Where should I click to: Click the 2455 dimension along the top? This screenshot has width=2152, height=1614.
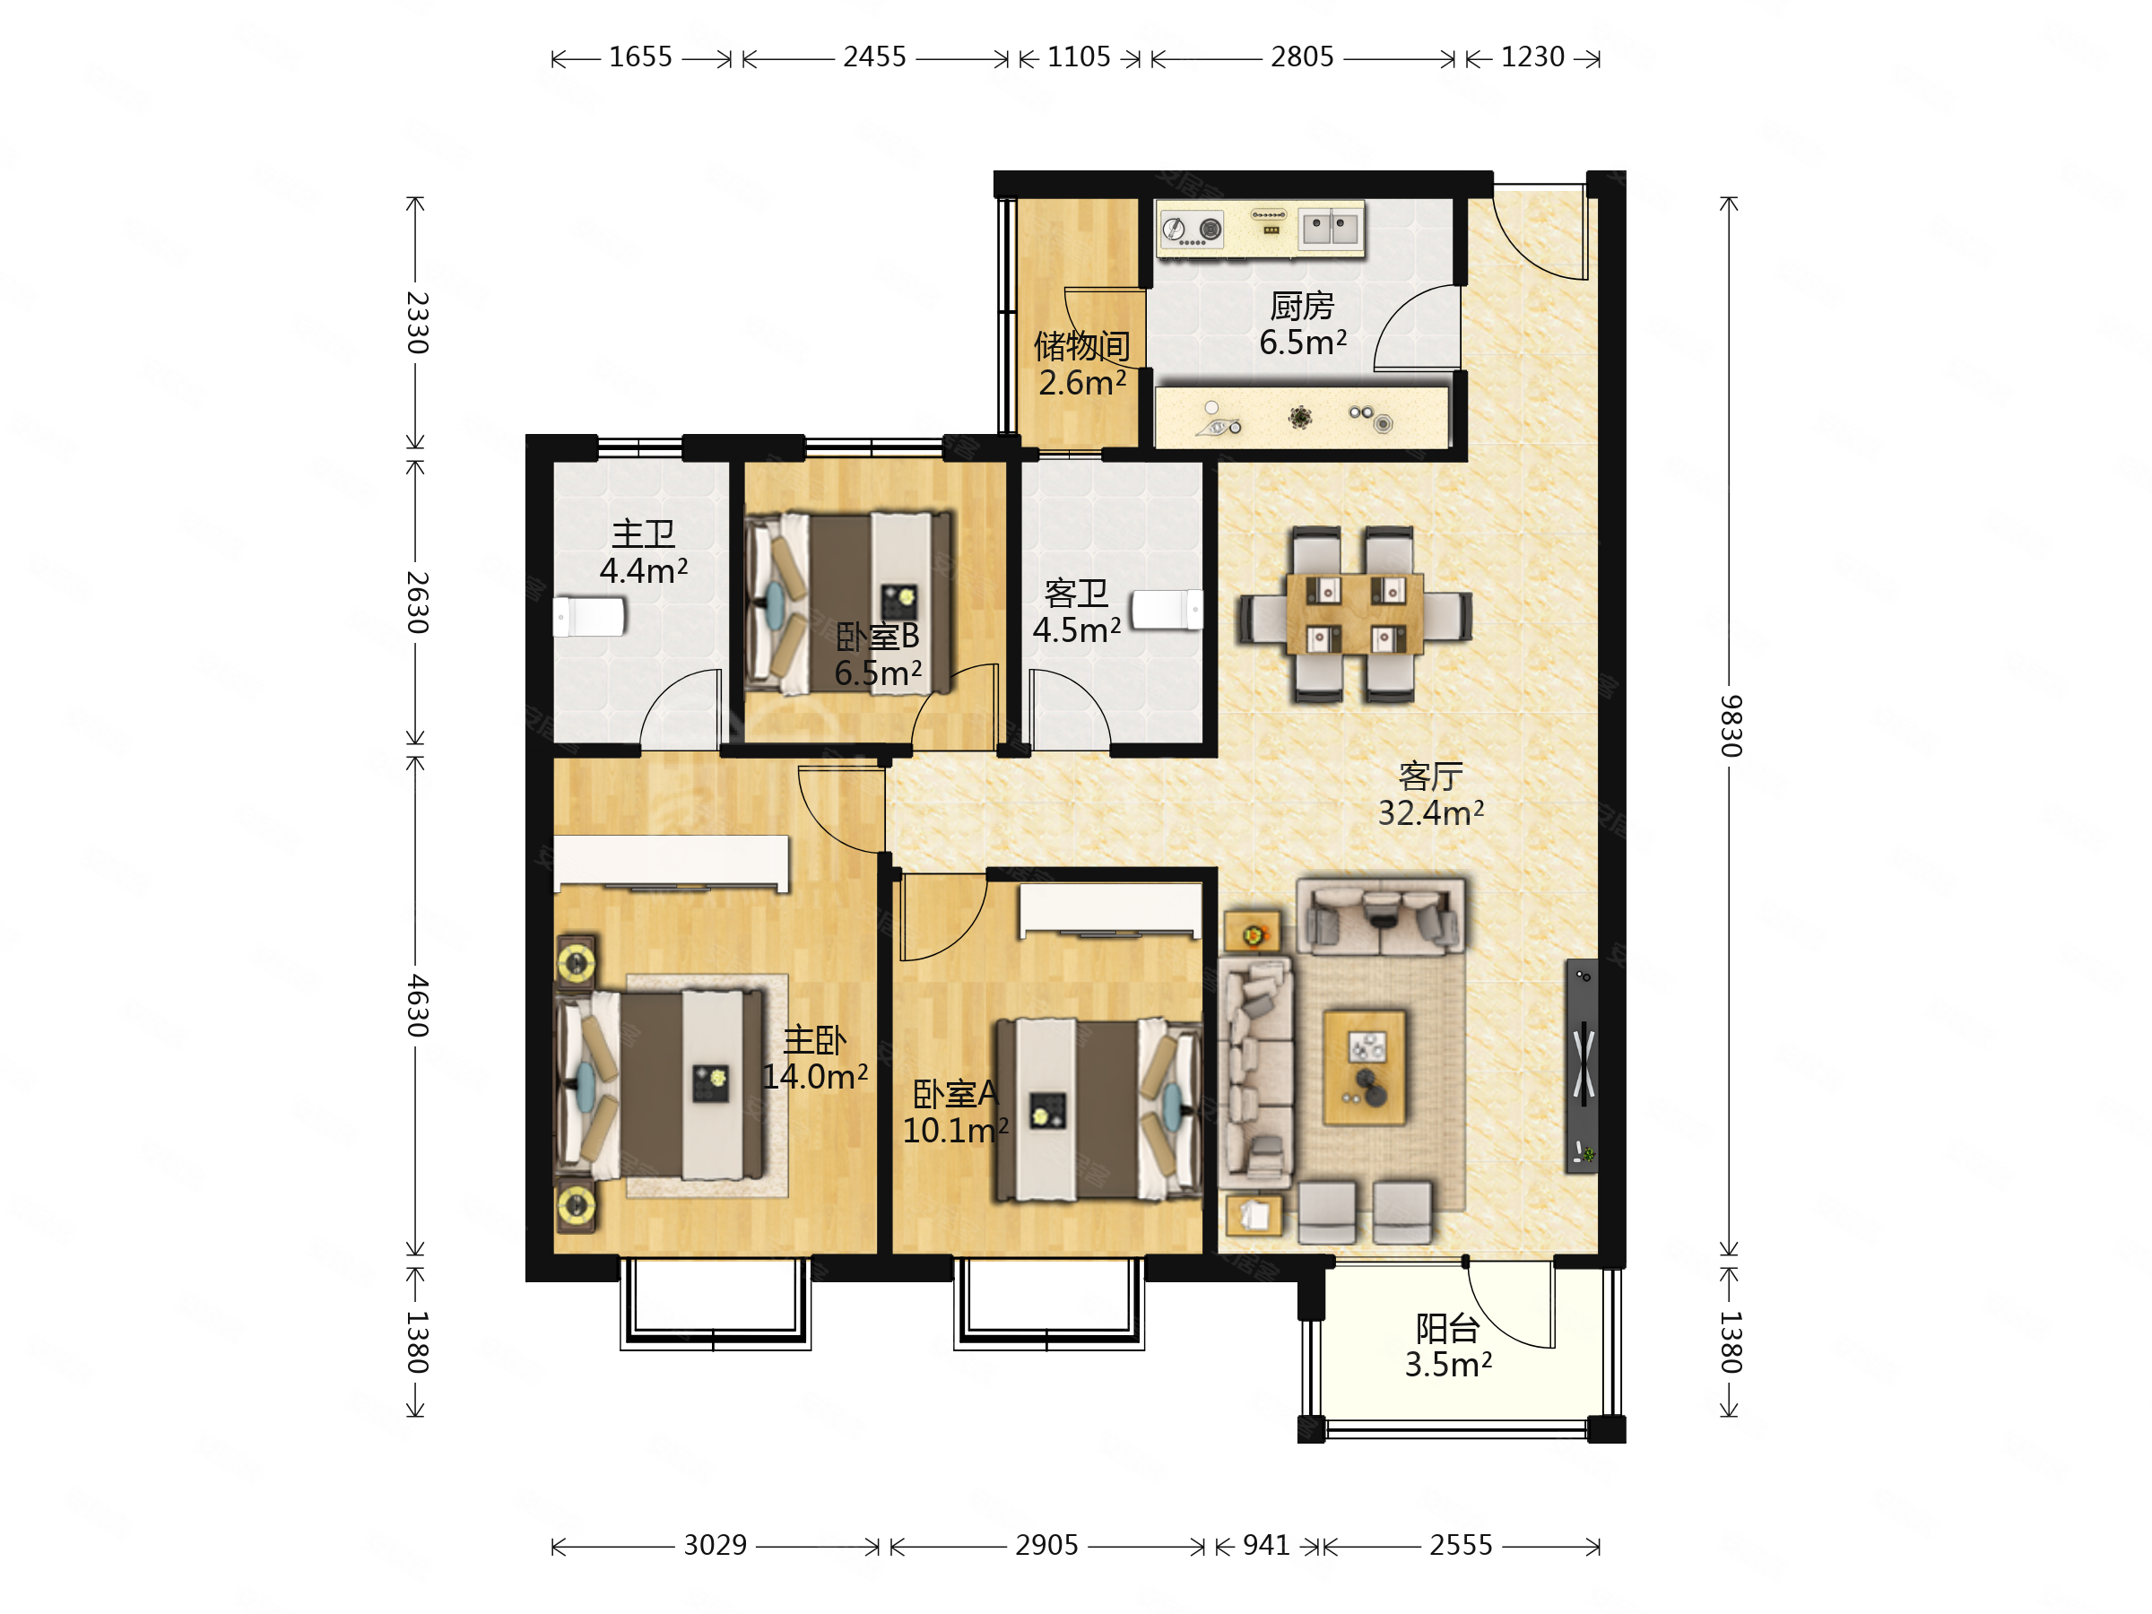point(873,57)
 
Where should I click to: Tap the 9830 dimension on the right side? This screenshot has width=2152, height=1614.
point(1730,725)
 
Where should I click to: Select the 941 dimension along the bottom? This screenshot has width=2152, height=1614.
point(1266,1545)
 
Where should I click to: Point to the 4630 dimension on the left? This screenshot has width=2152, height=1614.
point(417,1005)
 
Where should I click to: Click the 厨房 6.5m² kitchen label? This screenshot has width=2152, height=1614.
point(1303,324)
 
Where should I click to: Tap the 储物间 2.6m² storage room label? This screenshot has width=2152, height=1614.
point(1082,364)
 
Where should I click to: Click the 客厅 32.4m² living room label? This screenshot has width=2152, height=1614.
point(1430,794)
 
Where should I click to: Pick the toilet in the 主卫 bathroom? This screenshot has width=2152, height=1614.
point(590,617)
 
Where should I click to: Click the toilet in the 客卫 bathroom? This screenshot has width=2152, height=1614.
point(1167,610)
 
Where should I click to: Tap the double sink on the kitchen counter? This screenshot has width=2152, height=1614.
point(1331,230)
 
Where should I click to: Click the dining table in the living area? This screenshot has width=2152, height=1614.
point(1354,614)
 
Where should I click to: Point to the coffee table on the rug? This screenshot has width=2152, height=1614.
point(1364,1067)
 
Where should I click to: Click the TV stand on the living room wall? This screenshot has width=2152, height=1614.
point(1582,1066)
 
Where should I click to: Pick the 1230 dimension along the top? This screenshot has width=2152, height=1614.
point(1532,57)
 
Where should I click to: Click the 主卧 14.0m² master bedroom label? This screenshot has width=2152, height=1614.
point(814,1058)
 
